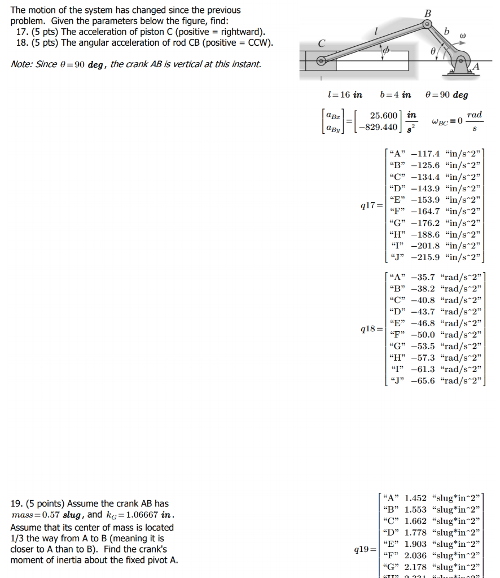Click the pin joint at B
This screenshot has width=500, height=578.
pyautogui.click(x=427, y=24)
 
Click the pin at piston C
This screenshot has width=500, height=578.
pyautogui.click(x=322, y=60)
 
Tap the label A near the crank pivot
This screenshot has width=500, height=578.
pyautogui.click(x=476, y=67)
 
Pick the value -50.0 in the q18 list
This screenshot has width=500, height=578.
pyautogui.click(x=423, y=335)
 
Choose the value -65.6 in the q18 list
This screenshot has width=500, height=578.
pyautogui.click(x=423, y=380)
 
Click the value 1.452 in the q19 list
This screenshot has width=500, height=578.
pyautogui.click(x=416, y=498)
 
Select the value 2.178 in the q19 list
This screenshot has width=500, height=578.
pyautogui.click(x=416, y=566)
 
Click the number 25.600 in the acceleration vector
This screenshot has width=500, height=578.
pyautogui.click(x=383, y=116)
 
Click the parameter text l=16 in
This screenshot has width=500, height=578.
pyautogui.click(x=345, y=95)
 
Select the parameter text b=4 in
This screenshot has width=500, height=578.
pyautogui.click(x=396, y=95)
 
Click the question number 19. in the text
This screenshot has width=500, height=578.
pyautogui.click(x=16, y=503)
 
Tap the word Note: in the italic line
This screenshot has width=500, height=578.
pyautogui.click(x=22, y=64)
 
